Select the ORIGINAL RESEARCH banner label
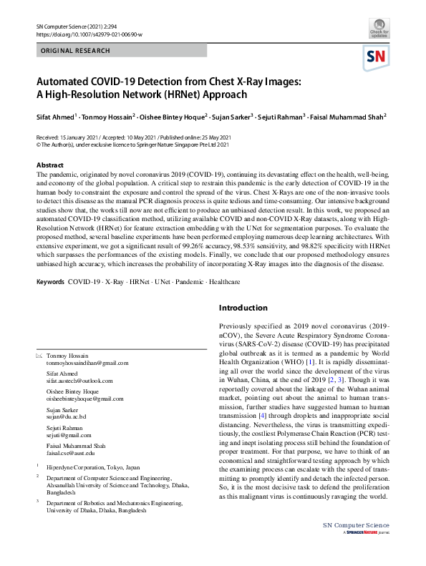(76, 51)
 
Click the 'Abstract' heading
(49, 165)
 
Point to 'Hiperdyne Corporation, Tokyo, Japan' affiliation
(90, 466)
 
